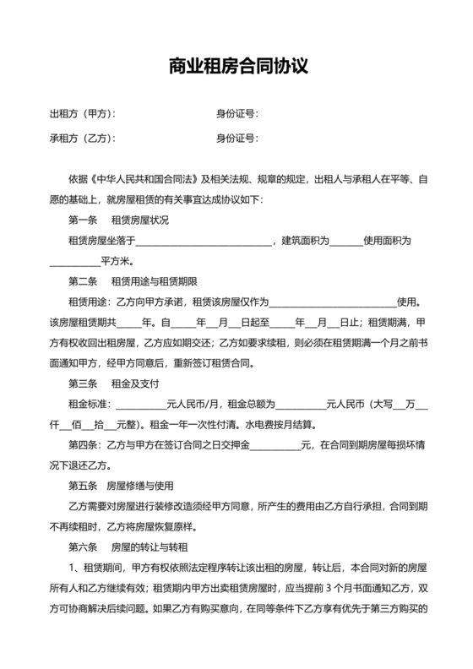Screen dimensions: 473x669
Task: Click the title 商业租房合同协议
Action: coord(236,65)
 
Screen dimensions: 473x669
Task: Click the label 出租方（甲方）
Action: coord(82,113)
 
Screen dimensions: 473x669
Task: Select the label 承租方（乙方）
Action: coord(82,139)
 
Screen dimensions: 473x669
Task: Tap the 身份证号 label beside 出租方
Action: coord(236,113)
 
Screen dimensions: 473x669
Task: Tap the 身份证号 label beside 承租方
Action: coord(236,139)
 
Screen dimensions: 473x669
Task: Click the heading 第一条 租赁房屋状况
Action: coord(118,220)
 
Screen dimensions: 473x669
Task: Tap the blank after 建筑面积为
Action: coord(345,242)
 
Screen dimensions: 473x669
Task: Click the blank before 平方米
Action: coord(74,262)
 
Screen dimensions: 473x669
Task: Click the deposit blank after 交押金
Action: coord(275,444)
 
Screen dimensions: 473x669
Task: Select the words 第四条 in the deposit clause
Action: coord(83,444)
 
